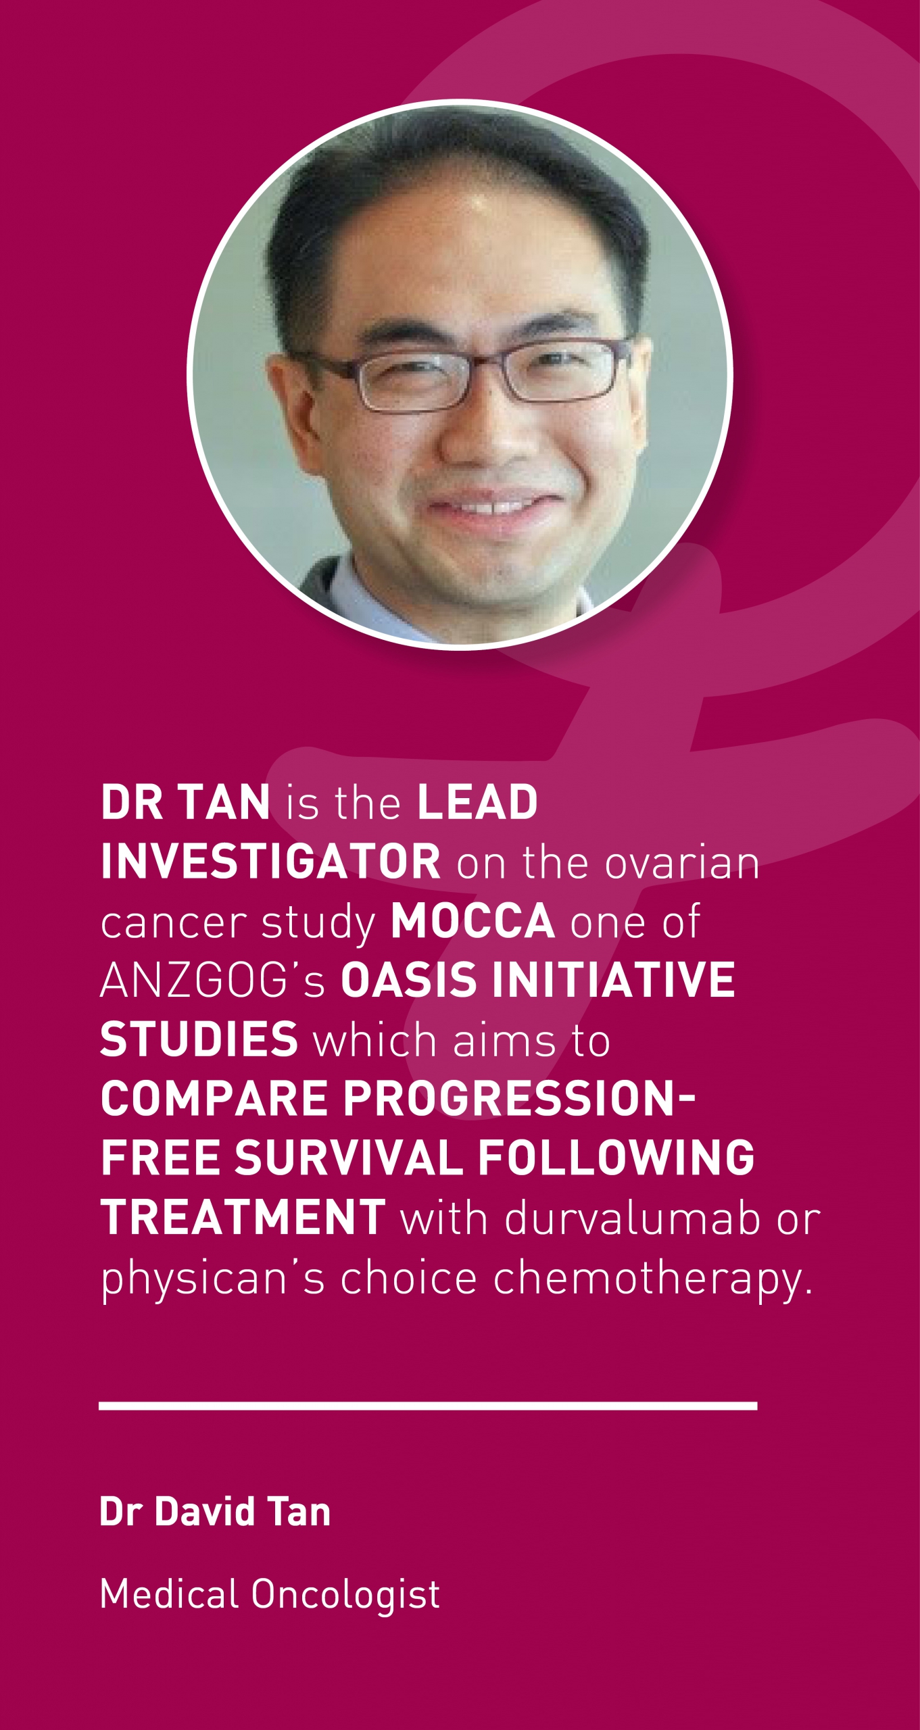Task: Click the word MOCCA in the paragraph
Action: (473, 921)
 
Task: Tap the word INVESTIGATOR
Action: (270, 862)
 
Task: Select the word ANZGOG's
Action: (213, 980)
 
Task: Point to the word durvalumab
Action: (632, 1218)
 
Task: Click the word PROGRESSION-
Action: (518, 1099)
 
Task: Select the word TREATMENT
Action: (243, 1218)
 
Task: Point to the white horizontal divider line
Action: (428, 1406)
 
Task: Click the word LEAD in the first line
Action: (477, 802)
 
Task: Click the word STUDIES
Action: (199, 1039)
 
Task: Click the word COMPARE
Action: (214, 1099)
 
